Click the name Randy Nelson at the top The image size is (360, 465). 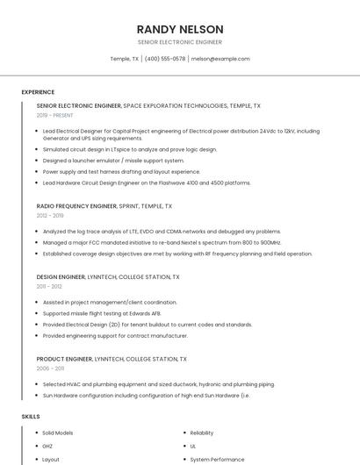click(180, 29)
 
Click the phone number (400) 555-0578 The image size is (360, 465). click(165, 59)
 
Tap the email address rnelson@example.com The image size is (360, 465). click(220, 59)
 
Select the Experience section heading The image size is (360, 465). click(38, 92)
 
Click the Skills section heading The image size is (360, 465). click(30, 416)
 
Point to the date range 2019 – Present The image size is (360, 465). click(54, 115)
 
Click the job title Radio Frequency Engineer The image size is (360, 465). click(76, 205)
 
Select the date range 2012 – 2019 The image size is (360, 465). click(50, 215)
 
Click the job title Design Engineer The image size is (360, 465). click(61, 276)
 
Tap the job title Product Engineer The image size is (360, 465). click(64, 359)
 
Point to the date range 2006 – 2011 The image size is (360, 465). click(49, 368)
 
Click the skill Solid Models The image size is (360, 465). click(58, 433)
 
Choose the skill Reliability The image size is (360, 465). click(202, 433)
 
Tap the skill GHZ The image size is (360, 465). click(48, 446)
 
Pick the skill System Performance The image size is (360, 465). click(216, 459)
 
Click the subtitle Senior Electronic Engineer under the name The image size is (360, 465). click(180, 42)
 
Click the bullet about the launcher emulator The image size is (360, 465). click(113, 161)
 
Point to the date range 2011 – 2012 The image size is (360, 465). click(49, 286)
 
